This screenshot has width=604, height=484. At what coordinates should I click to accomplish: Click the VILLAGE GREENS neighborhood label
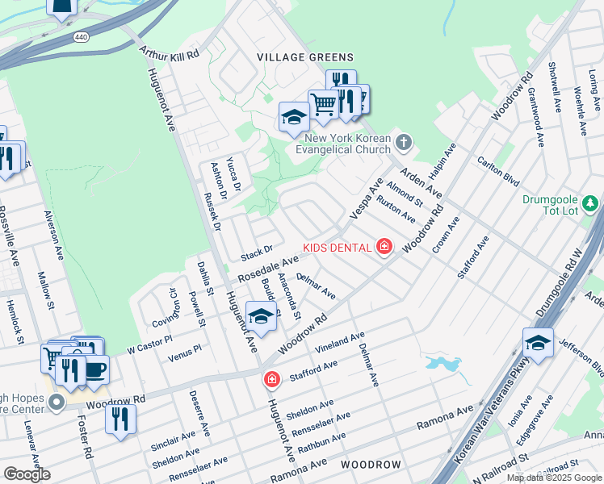pyautogui.click(x=304, y=56)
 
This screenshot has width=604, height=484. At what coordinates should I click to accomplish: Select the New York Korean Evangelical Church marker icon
pyautogui.click(x=405, y=143)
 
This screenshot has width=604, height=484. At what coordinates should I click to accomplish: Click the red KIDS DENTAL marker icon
pyautogui.click(x=384, y=247)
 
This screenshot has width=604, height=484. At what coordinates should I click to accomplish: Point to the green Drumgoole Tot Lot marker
pyautogui.click(x=590, y=202)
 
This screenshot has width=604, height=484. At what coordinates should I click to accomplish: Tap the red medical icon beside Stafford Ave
pyautogui.click(x=272, y=378)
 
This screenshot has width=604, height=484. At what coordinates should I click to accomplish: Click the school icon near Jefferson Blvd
pyautogui.click(x=538, y=342)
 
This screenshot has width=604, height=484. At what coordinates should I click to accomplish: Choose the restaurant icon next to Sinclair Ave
pyautogui.click(x=120, y=419)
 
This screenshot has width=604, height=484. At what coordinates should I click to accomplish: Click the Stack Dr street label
pyautogui.click(x=257, y=253)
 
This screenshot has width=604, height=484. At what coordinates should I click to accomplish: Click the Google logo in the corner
pyautogui.click(x=27, y=474)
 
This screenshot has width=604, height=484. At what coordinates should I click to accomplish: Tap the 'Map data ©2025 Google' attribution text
pyautogui.click(x=553, y=478)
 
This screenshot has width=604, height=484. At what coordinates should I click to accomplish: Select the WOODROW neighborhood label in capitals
pyautogui.click(x=371, y=465)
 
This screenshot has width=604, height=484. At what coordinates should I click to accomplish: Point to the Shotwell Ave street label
pyautogui.click(x=555, y=87)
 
